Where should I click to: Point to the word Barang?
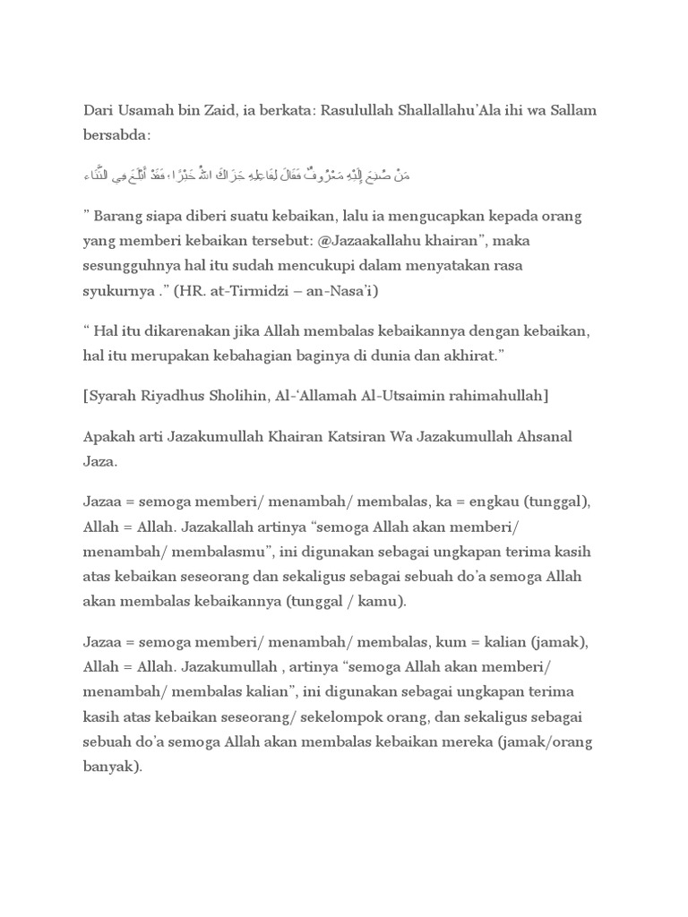(119, 218)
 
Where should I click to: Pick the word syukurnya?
(110, 291)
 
